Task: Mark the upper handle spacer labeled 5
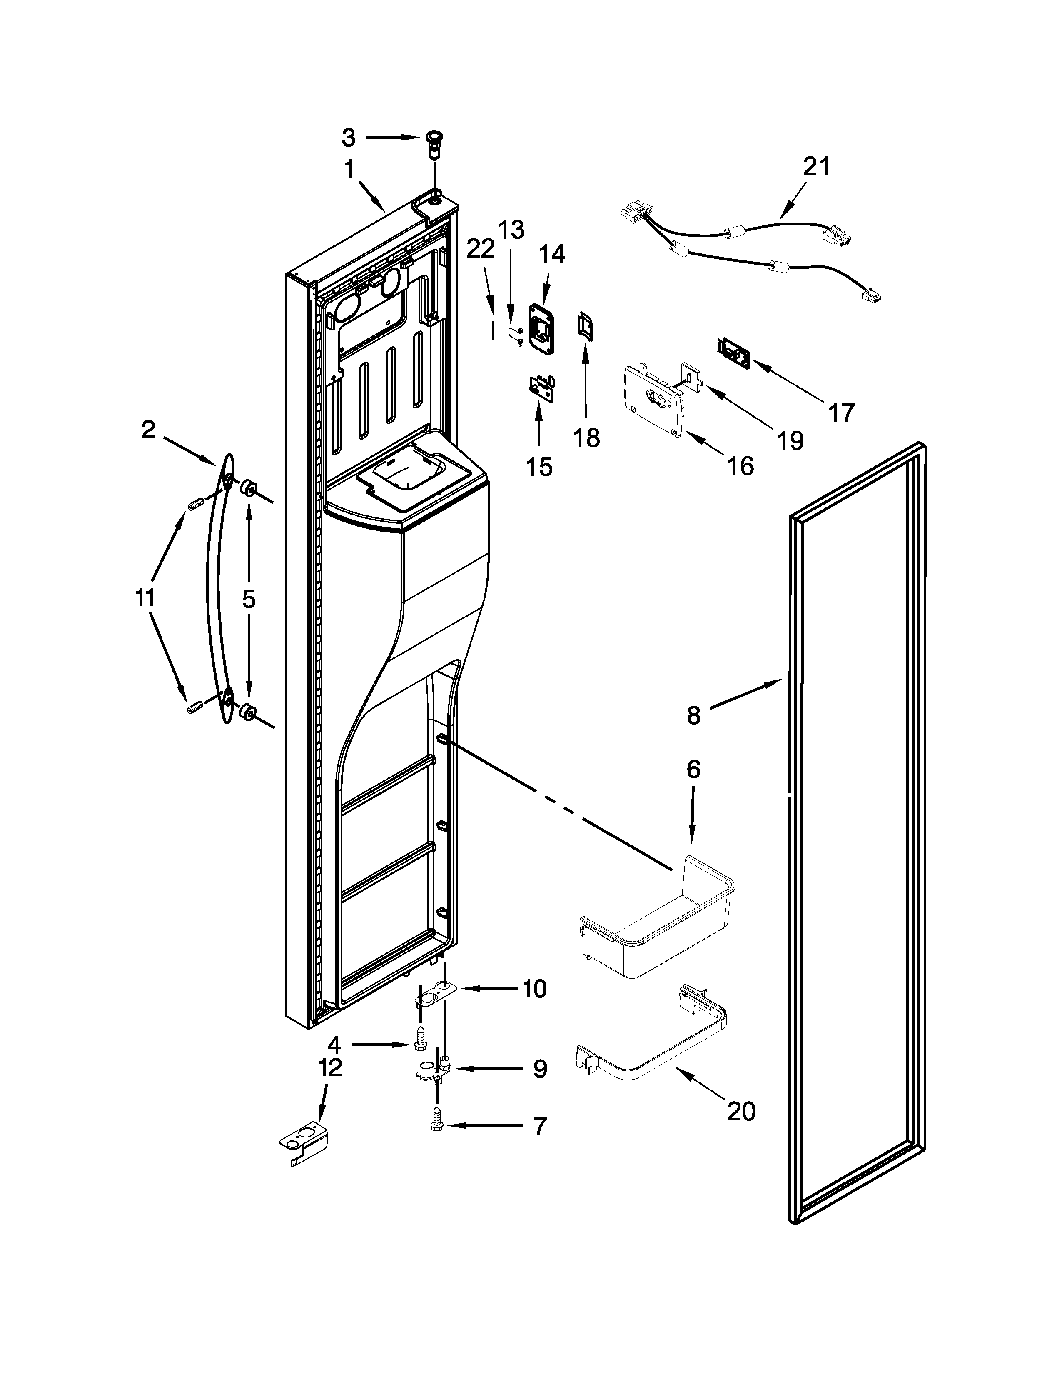tap(248, 489)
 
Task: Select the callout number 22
tap(481, 250)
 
